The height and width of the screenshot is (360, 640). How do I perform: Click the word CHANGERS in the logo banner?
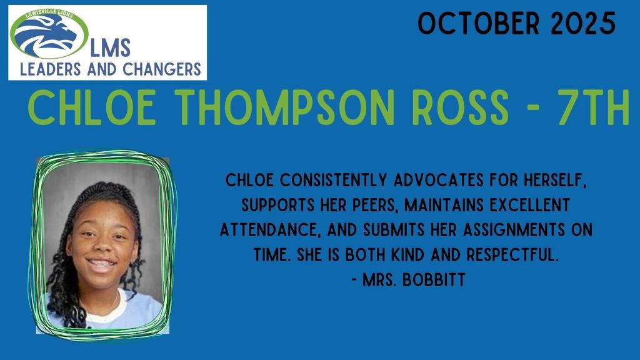point(166,68)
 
